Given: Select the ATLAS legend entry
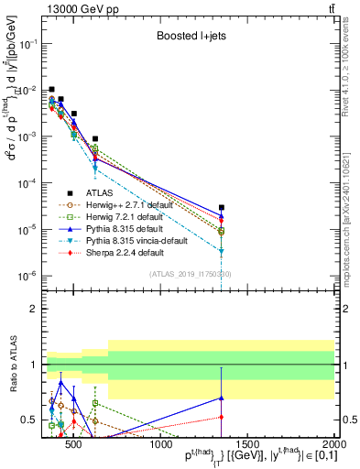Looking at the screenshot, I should tap(100, 192).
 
